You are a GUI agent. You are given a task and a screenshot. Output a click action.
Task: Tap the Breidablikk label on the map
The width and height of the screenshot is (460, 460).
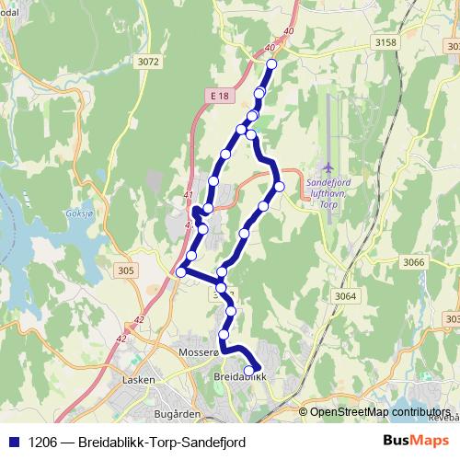pos(238,377)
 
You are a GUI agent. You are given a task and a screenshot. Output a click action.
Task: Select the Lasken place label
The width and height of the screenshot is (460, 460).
pos(139,378)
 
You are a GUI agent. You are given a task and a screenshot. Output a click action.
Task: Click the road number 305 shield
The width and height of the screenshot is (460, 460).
pos(126,270)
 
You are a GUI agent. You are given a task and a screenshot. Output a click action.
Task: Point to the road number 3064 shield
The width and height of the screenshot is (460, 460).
pos(345,295)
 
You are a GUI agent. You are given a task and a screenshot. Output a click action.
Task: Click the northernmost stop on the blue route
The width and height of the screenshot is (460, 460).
pos(271,64)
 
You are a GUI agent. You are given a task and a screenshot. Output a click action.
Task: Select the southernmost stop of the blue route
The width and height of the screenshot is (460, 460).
pos(248,371)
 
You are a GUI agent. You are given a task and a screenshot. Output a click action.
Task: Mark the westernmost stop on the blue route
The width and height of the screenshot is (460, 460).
pos(181,271)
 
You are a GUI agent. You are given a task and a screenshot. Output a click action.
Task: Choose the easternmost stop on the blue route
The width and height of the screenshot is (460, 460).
pos(280,187)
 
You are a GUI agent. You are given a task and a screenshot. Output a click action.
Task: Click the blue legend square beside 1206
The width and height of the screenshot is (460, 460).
pos(13,442)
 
